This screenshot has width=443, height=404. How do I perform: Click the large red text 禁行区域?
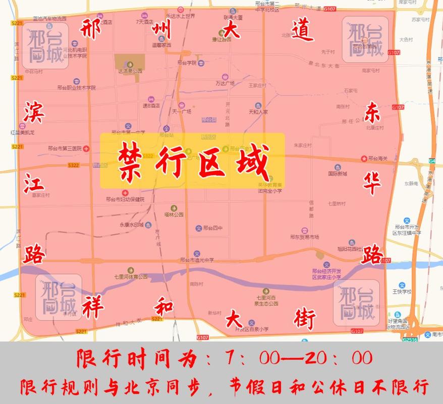coord(192,161)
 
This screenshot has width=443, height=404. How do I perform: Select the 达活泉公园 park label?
coord(130,71)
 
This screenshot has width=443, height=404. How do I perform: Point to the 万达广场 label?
coord(225,83)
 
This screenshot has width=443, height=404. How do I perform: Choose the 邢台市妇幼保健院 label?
coord(125,199)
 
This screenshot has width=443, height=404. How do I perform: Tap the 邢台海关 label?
coord(377,159)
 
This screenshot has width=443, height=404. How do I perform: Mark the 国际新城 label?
coord(338,174)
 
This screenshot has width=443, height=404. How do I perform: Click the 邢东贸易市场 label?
coord(305,236)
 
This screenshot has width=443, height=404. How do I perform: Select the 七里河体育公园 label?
coord(131,276)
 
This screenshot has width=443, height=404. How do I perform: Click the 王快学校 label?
coord(402,291)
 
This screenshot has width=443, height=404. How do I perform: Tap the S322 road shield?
coord(73,165)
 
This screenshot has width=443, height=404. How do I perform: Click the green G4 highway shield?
coord(432,161)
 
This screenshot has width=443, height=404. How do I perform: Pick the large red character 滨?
coord(34,113)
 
